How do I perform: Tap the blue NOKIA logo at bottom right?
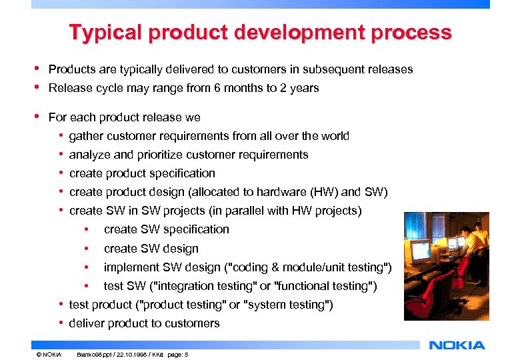click(x=457, y=345)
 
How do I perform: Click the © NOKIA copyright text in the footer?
click(x=49, y=355)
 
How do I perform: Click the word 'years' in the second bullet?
click(x=305, y=88)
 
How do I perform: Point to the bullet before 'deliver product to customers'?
click(x=61, y=323)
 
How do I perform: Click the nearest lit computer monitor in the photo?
click(x=420, y=251)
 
